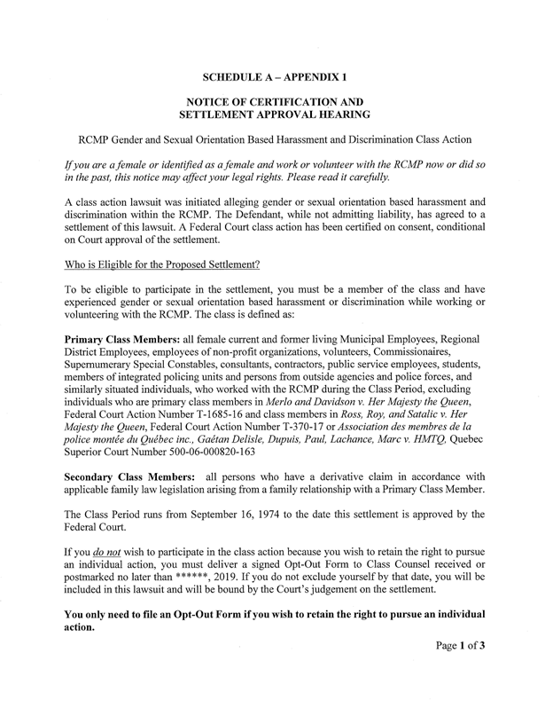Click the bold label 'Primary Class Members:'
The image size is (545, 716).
pyautogui.click(x=122, y=341)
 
